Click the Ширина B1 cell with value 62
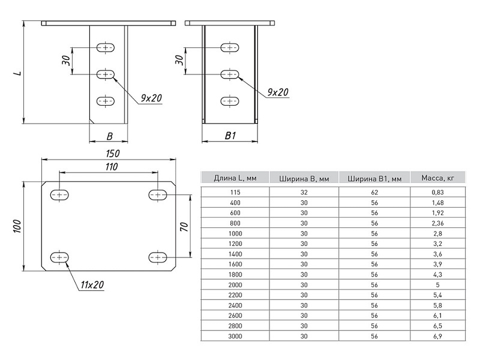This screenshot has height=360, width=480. [x=374, y=192]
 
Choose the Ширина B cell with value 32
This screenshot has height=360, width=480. [x=304, y=192]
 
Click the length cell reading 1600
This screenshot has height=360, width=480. [x=234, y=264]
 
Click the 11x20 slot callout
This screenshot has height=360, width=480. [x=91, y=284]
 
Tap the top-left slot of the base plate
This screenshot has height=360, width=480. [x=59, y=194]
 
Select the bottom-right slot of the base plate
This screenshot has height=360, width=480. [x=158, y=257]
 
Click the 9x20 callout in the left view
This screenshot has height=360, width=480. [x=152, y=98]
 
